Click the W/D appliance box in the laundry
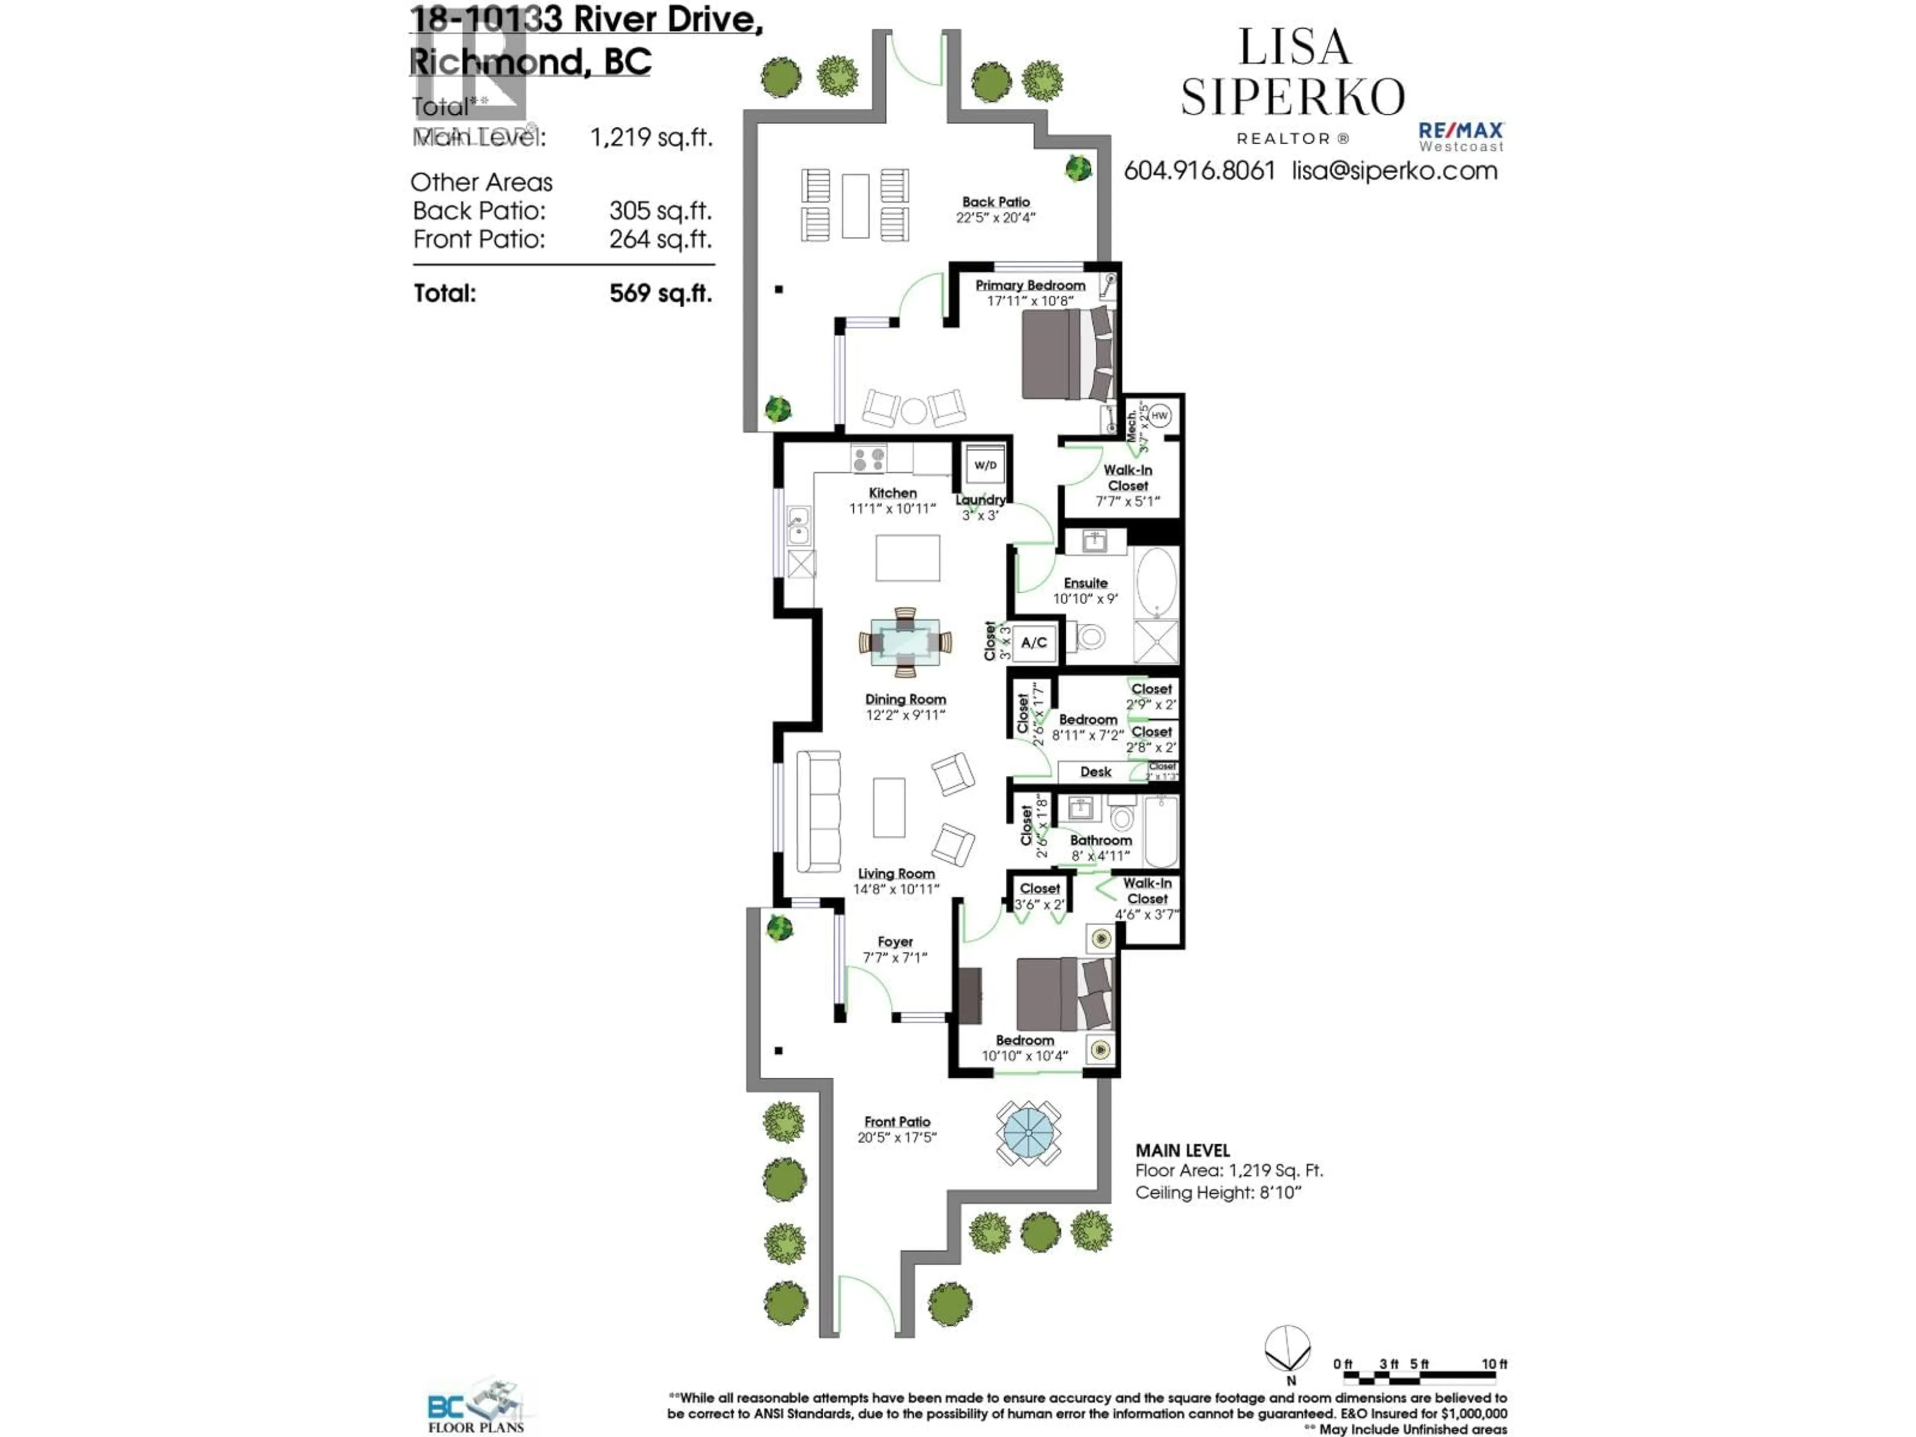tap(985, 465)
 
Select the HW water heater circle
tap(1159, 416)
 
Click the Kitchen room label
tap(892, 493)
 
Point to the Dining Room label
tap(905, 699)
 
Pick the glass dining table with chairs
tap(905, 642)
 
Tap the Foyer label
tap(895, 942)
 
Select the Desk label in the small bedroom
tap(1096, 772)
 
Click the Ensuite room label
tap(1085, 583)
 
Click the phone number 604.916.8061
tap(1199, 171)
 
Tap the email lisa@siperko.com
tap(1395, 171)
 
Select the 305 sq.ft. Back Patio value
tap(660, 211)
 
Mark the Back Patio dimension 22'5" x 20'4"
tap(995, 218)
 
